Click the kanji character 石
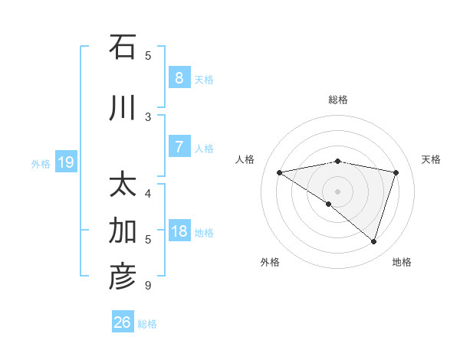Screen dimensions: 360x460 pyautogui.click(x=123, y=47)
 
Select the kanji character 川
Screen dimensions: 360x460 pyautogui.click(x=123, y=109)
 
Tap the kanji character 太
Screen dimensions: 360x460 pyautogui.click(x=123, y=185)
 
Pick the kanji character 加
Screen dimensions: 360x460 pyautogui.click(x=123, y=231)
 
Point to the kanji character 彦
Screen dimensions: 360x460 pyautogui.click(x=123, y=277)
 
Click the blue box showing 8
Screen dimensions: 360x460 pyautogui.click(x=179, y=78)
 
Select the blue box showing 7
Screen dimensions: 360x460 pyautogui.click(x=179, y=147)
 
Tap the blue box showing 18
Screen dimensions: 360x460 pyautogui.click(x=179, y=231)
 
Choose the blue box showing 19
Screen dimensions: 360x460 pyautogui.click(x=66, y=162)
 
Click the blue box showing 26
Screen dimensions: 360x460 pyautogui.click(x=123, y=322)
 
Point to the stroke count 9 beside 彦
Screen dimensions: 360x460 pyautogui.click(x=147, y=286)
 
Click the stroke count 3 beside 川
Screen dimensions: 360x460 pyautogui.click(x=148, y=116)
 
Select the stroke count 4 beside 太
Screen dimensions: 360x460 pyautogui.click(x=148, y=193)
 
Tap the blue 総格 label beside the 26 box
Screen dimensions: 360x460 pyautogui.click(x=147, y=324)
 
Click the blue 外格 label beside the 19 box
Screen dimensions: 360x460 pyautogui.click(x=41, y=163)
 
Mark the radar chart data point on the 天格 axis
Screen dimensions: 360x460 pyautogui.click(x=396, y=172)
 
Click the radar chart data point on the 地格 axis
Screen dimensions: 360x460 pyautogui.click(x=373, y=241)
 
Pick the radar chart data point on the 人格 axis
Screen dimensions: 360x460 pyautogui.click(x=279, y=172)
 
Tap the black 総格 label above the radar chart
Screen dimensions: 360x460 pyautogui.click(x=337, y=100)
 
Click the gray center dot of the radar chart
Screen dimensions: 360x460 pyautogui.click(x=337, y=191)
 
